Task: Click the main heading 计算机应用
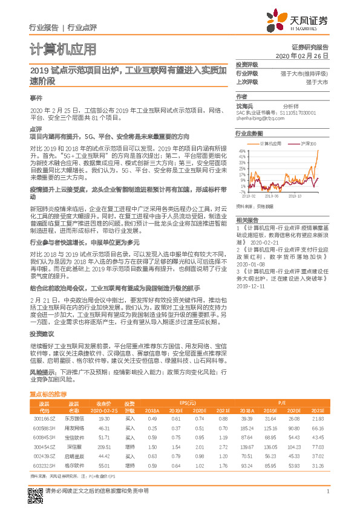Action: (62, 48)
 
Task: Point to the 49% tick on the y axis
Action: (242, 151)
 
